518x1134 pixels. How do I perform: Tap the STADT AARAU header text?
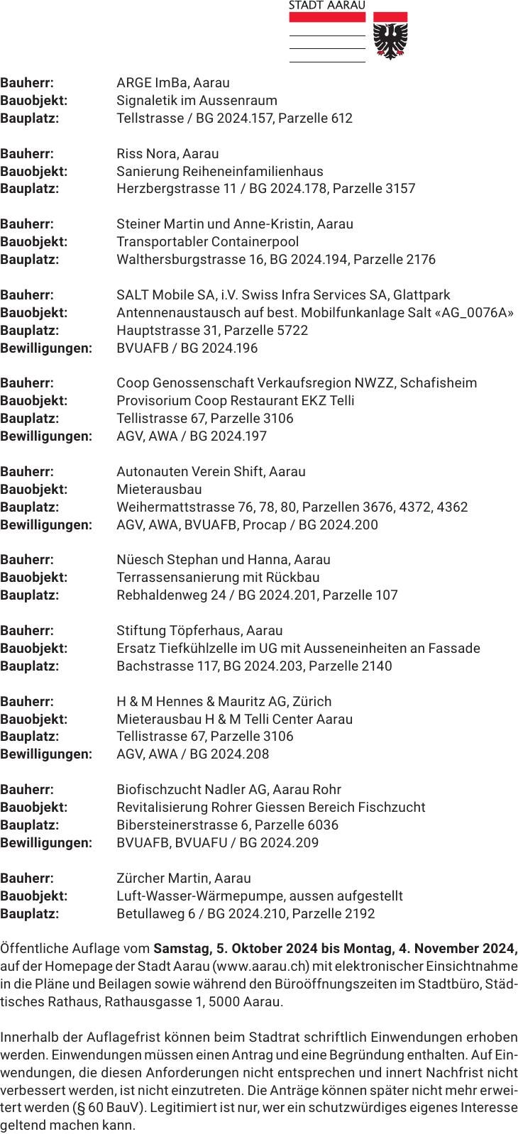[x=327, y=5]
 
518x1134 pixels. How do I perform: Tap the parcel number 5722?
[x=293, y=330]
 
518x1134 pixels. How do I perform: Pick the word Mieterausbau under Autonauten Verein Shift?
[x=159, y=489]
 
